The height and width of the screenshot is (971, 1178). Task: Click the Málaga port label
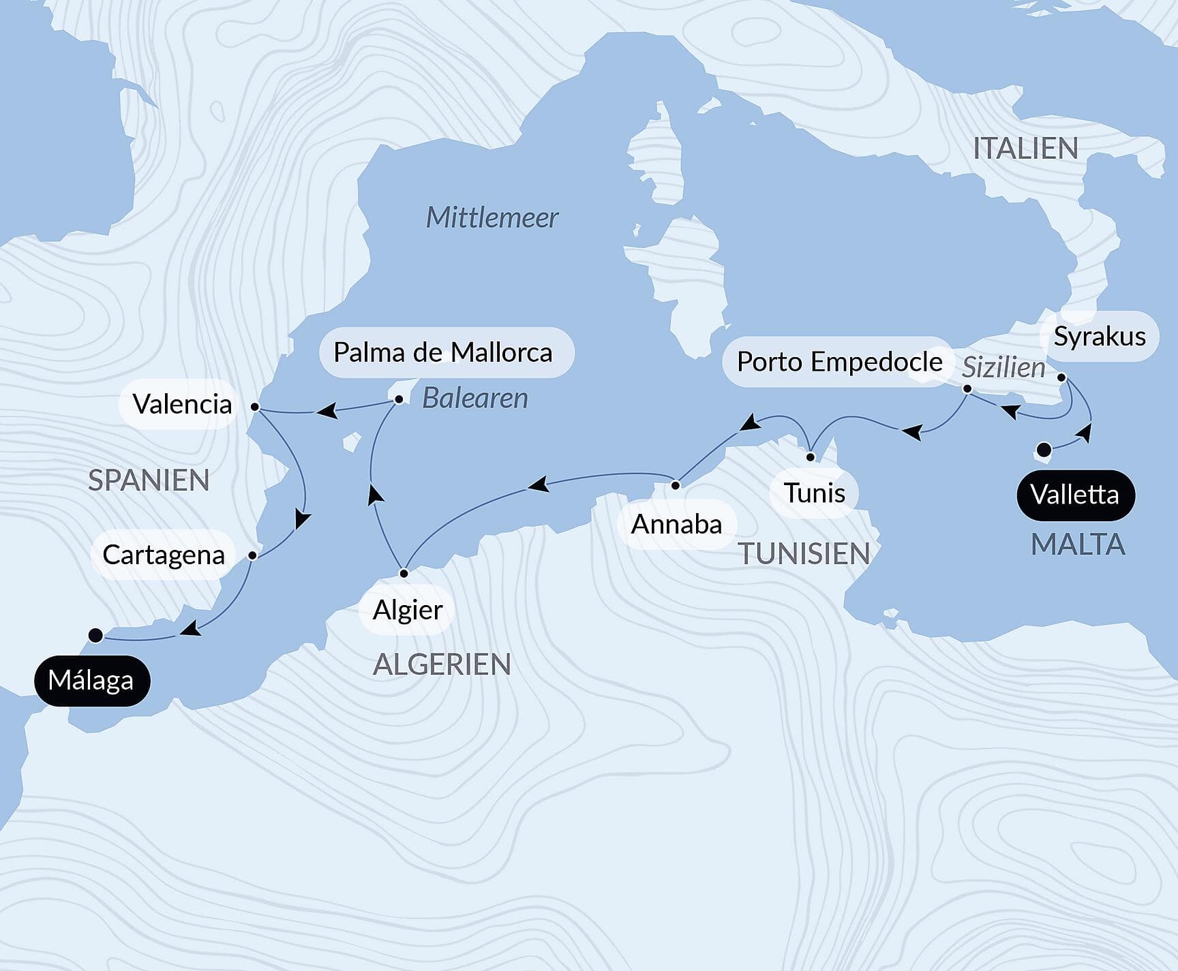92,680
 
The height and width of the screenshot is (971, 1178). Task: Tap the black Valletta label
1075,495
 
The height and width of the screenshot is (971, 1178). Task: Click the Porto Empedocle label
839,362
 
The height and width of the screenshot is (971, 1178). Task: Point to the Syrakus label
1099,336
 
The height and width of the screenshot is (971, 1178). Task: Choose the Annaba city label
676,524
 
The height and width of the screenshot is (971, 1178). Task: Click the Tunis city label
814,493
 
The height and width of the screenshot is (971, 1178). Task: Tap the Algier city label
407,610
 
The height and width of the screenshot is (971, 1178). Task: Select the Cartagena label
164,555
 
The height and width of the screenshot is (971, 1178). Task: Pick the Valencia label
181,404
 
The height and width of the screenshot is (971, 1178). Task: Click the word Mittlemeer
492,218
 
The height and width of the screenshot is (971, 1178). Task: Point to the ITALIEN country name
1025,149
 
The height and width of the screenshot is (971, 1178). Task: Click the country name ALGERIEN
442,664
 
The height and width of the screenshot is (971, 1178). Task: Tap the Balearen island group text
475,398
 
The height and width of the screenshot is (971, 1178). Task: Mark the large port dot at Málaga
95,635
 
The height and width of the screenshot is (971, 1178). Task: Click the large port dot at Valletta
1044,450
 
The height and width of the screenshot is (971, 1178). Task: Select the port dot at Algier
404,573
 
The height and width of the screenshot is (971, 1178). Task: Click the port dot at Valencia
254,407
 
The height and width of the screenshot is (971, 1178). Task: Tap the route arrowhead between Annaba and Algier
538,485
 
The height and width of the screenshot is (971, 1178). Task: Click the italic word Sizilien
1003,368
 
